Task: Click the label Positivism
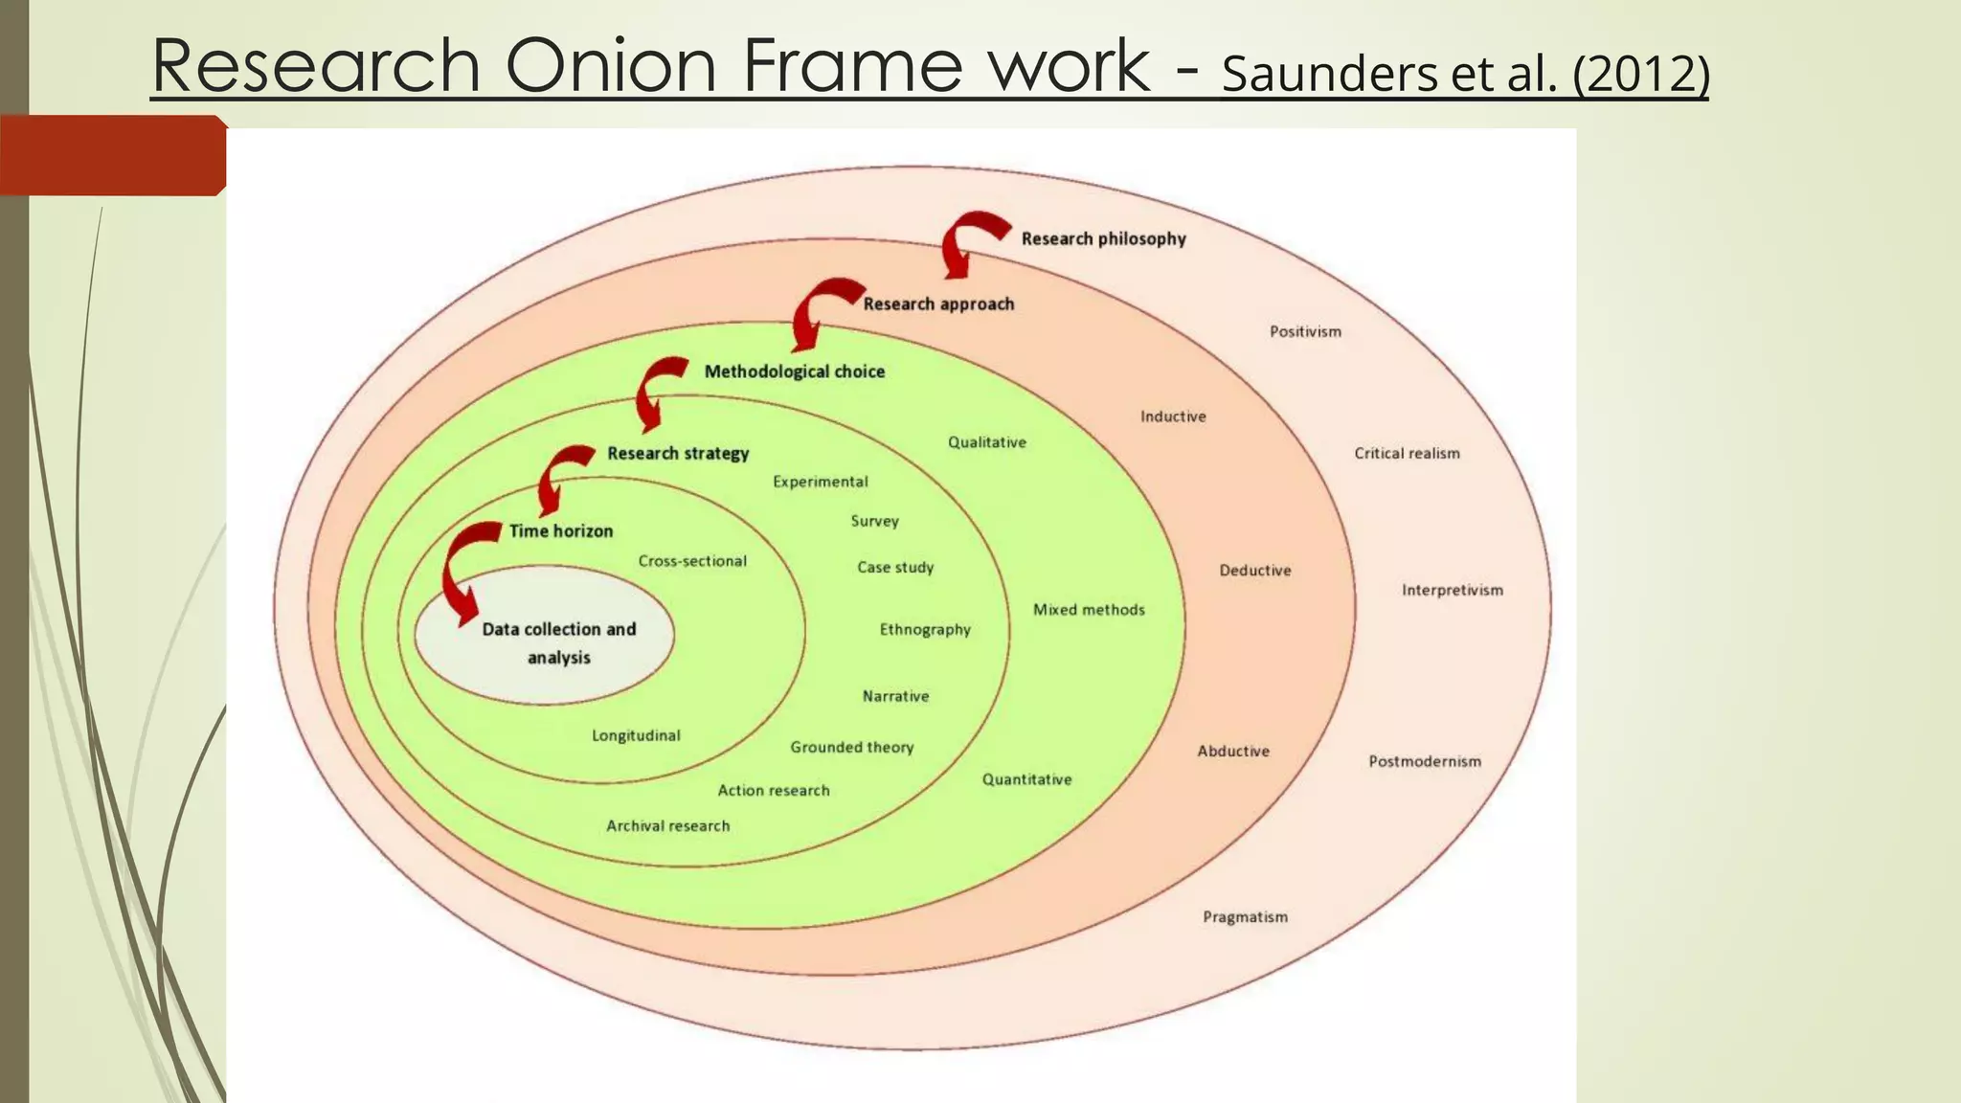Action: coord(1305,331)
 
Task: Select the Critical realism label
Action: coord(1407,453)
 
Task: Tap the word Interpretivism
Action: coord(1452,590)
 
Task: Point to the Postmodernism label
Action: coord(1424,761)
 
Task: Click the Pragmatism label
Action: coord(1245,916)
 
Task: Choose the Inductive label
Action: coord(1173,416)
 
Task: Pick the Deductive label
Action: coord(1254,570)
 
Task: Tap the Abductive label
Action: coord(1232,751)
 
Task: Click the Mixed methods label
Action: coord(1089,609)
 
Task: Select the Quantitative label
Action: coord(1026,779)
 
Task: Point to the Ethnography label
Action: coord(925,629)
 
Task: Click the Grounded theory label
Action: coord(851,747)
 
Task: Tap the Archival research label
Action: coord(667,825)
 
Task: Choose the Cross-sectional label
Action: coord(692,561)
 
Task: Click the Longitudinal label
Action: coord(636,735)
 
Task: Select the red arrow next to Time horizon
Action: coord(464,570)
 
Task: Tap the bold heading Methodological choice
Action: coord(794,371)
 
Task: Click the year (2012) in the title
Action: coord(1640,75)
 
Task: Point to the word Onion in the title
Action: coord(610,65)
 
